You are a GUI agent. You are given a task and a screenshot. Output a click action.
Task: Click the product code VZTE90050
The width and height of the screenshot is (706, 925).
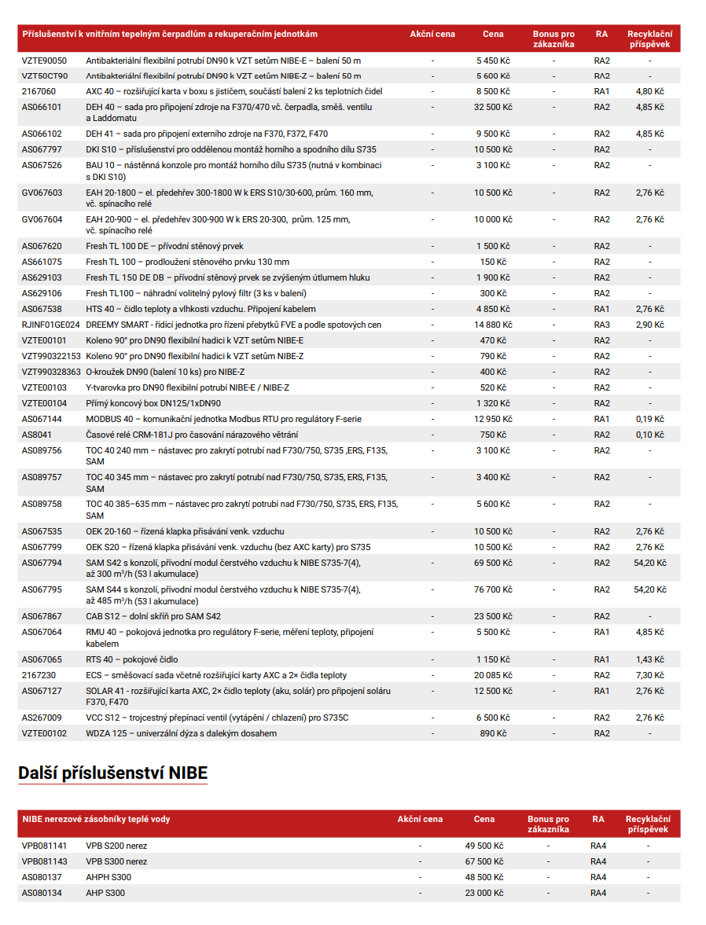(x=44, y=61)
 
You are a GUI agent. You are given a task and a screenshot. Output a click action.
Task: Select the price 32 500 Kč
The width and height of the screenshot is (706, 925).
(x=493, y=107)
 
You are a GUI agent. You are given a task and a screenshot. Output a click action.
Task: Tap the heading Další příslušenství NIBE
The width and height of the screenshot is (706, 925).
(x=112, y=773)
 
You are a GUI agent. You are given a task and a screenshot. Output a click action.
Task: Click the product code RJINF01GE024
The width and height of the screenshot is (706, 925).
(x=50, y=325)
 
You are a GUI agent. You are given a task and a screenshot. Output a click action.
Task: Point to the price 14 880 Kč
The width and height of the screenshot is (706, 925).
(x=493, y=325)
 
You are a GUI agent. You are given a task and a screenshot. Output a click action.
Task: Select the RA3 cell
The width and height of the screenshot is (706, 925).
(x=601, y=325)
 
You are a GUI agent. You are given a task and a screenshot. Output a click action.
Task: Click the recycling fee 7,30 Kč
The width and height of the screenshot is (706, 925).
(x=649, y=675)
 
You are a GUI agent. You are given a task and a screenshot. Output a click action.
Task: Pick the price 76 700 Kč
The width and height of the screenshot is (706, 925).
(x=493, y=589)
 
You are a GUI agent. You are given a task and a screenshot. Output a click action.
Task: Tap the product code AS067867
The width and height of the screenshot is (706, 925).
(x=42, y=616)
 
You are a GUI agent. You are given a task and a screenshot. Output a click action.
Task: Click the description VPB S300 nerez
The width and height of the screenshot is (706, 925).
(x=116, y=861)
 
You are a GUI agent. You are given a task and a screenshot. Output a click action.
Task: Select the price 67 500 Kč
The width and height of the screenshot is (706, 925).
(x=484, y=861)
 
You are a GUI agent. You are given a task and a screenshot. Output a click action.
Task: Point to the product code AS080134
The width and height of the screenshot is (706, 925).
(x=42, y=893)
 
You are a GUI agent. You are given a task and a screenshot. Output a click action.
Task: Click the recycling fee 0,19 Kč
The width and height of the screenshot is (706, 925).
(x=649, y=419)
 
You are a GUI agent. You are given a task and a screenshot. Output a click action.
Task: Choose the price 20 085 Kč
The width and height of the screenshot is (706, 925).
(x=493, y=675)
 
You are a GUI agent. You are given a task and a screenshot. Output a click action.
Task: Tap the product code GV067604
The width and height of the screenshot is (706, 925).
(x=42, y=219)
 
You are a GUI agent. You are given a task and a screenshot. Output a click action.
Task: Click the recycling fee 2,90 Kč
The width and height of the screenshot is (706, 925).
(x=649, y=325)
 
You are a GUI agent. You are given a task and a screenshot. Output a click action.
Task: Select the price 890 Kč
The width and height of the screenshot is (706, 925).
(x=493, y=733)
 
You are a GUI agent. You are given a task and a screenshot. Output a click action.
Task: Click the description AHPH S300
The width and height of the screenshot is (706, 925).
(x=108, y=877)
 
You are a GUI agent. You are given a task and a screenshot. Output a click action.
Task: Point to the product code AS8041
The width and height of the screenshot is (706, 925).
(x=37, y=435)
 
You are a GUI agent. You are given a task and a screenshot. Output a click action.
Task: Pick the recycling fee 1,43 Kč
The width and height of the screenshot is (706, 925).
(x=649, y=659)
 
